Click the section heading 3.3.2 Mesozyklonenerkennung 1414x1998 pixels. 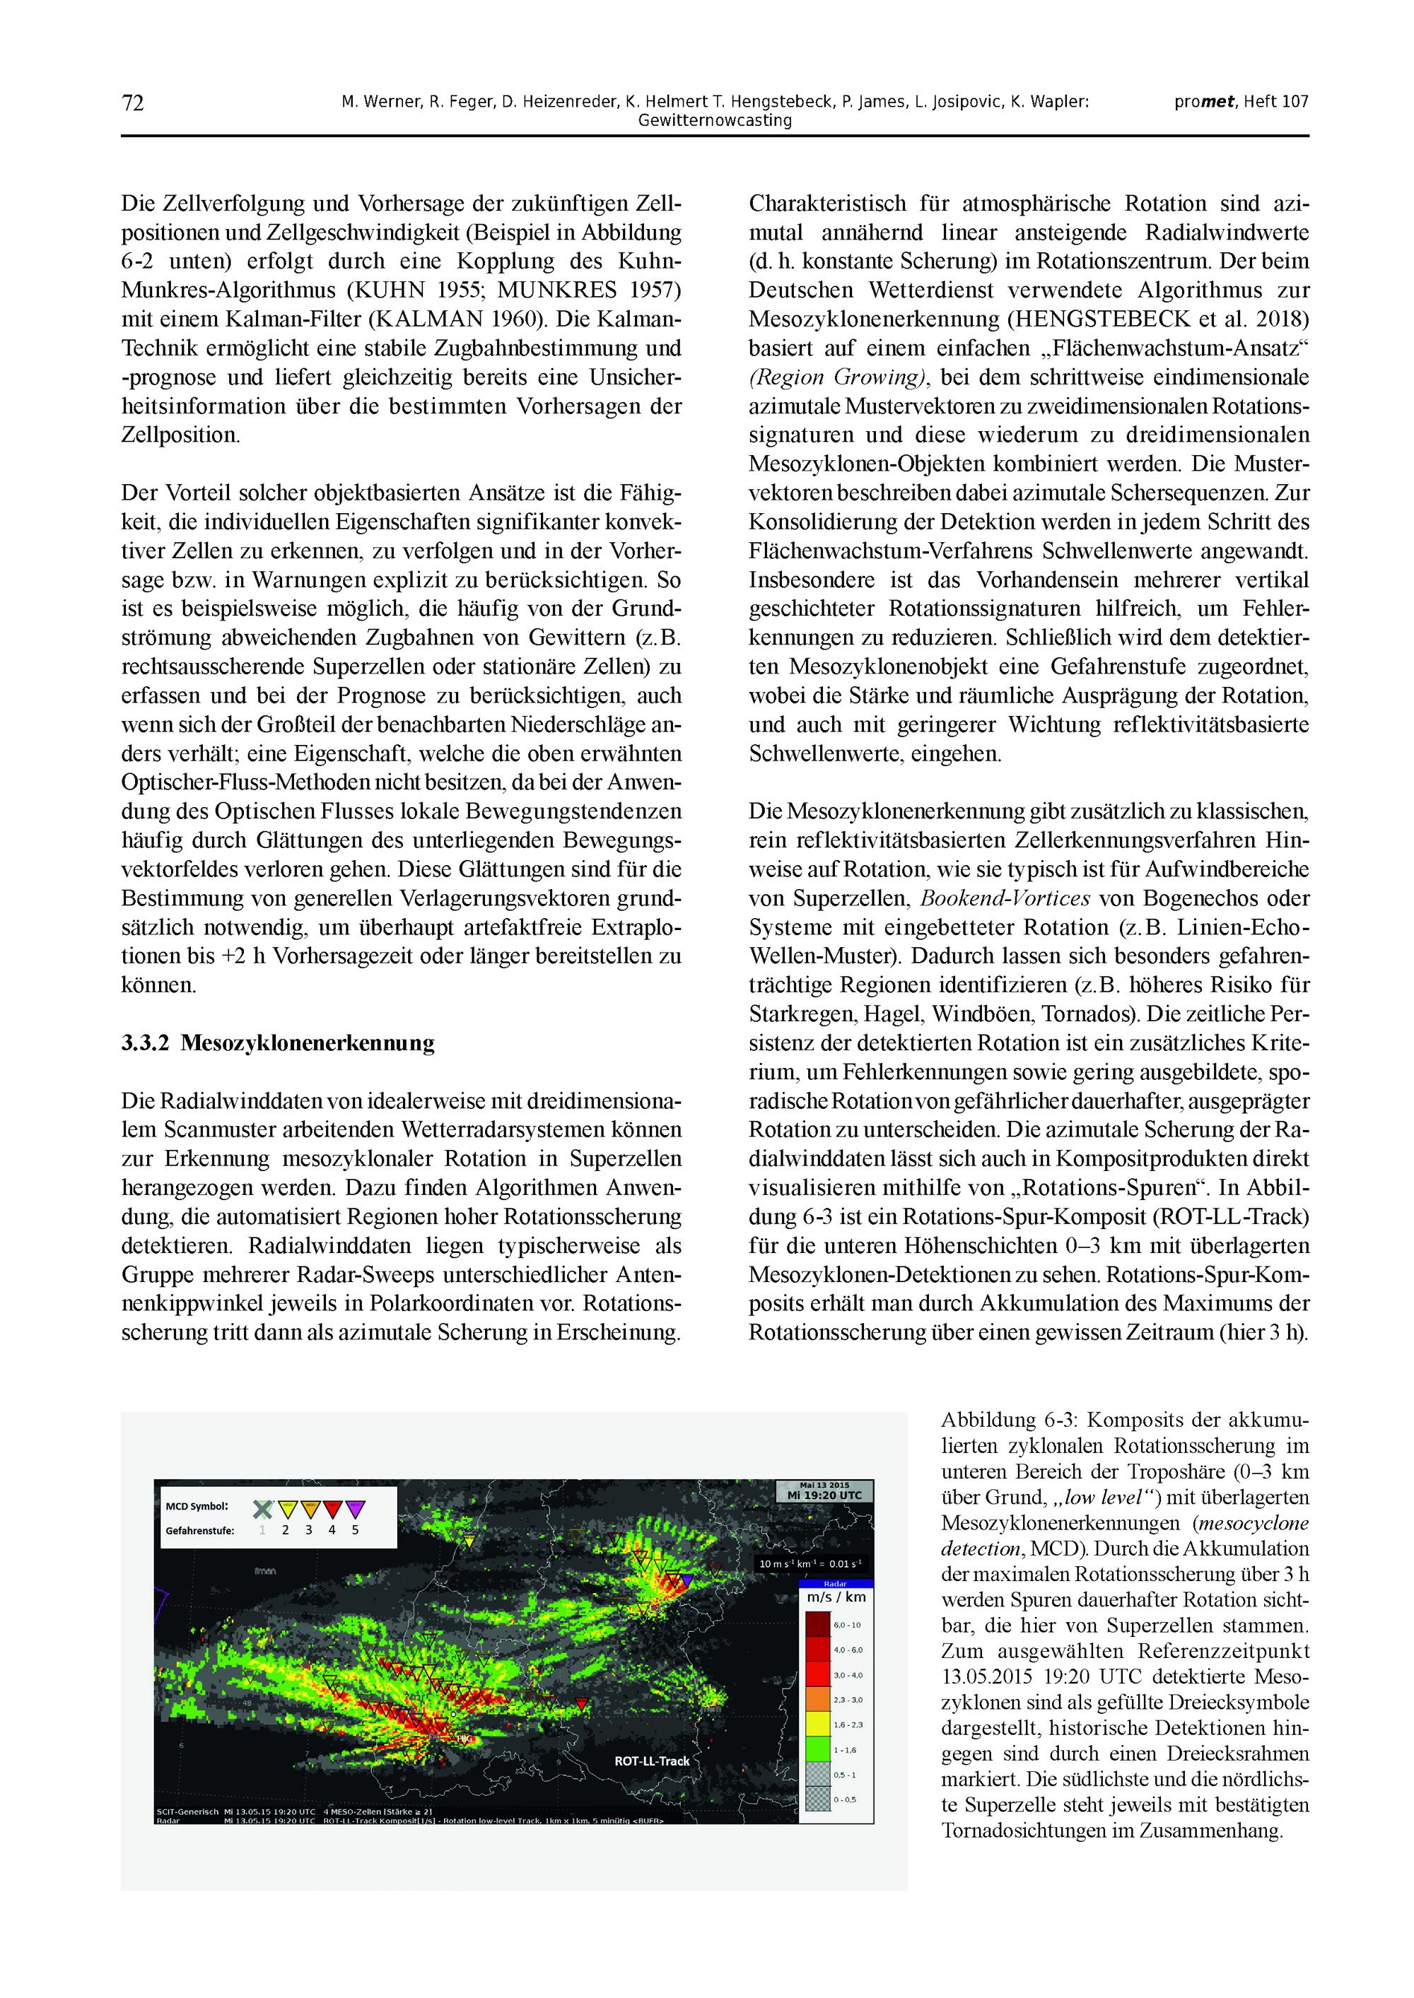coord(278,1043)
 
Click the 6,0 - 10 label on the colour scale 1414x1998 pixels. coord(846,1626)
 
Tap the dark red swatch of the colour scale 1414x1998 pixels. coord(817,1626)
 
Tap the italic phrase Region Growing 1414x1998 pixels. coord(838,377)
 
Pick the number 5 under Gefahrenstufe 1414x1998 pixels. coord(355,1531)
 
